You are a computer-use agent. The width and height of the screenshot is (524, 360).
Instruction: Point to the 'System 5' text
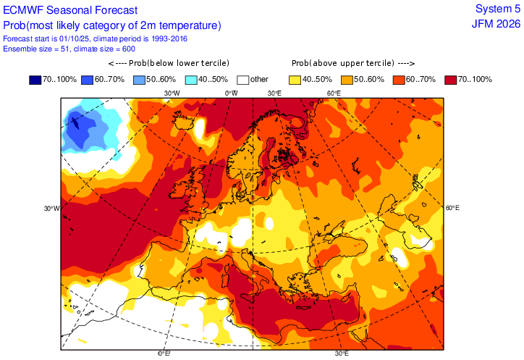[x=497, y=9]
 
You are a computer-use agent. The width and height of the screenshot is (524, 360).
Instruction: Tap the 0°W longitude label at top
[x=231, y=93]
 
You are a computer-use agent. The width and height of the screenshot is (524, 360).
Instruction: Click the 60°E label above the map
[x=334, y=93]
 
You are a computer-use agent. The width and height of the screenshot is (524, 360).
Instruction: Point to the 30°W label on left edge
[x=51, y=208]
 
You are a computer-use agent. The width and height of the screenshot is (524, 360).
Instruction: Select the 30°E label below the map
[x=341, y=353]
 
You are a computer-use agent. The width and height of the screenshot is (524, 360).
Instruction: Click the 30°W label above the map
[x=172, y=93]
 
